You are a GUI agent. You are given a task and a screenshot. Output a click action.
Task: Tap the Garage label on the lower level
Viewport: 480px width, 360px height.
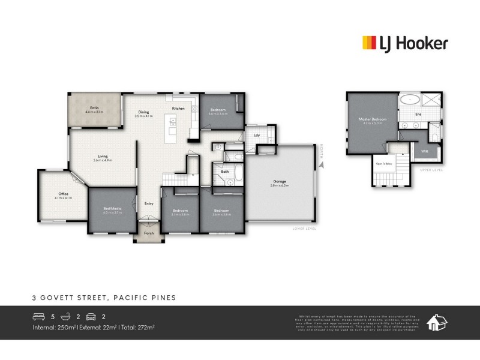click(279, 182)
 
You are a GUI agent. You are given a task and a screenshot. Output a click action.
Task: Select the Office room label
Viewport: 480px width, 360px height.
click(62, 194)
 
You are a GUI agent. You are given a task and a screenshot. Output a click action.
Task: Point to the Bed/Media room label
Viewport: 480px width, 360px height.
click(112, 208)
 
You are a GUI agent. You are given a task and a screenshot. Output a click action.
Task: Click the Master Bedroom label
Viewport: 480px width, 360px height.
click(373, 119)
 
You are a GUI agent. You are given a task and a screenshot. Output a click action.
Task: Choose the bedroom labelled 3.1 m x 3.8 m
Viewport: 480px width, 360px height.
click(181, 211)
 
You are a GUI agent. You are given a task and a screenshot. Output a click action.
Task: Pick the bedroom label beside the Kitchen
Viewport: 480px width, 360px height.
click(218, 110)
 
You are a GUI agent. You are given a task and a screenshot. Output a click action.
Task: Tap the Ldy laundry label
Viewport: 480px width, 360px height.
click(257, 135)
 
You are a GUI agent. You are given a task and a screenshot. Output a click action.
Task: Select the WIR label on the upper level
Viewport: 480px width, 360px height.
click(425, 151)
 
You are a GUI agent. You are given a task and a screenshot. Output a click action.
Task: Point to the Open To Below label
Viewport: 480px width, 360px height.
click(384, 163)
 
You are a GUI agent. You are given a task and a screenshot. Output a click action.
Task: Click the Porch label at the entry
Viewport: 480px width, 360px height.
click(148, 234)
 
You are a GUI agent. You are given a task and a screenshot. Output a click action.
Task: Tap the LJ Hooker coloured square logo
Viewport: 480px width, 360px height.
click(368, 43)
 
